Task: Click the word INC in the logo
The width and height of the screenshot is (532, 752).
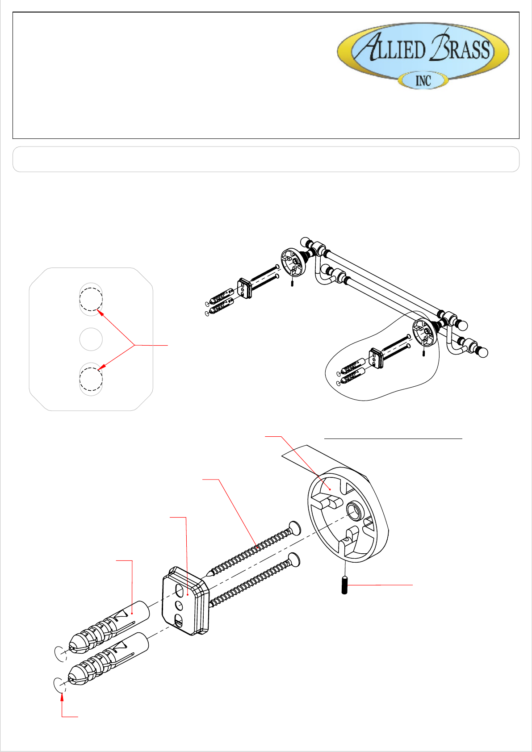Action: coord(423,81)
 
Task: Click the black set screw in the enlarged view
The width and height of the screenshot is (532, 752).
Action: coord(344,585)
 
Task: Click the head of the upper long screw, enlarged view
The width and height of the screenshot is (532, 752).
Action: coord(295,528)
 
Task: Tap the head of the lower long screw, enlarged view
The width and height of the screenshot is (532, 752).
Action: coord(294,559)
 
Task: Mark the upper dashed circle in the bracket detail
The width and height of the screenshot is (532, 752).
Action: coord(91,299)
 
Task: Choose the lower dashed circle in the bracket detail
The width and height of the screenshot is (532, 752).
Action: coord(91,379)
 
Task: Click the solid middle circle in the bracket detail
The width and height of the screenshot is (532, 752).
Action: coord(91,339)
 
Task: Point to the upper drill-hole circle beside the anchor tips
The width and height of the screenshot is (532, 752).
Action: coord(60,653)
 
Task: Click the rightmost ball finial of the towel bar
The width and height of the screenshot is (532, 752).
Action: coord(483,352)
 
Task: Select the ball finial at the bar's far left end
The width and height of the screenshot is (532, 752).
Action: coord(305,242)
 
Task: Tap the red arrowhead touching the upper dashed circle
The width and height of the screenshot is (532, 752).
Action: coord(100,313)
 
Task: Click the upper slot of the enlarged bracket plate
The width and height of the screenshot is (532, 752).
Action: coord(178,590)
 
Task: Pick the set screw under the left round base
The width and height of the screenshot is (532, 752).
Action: coord(292,283)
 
